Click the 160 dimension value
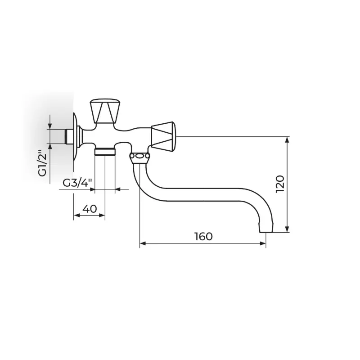(204, 237)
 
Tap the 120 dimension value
(280, 184)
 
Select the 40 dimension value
(90, 209)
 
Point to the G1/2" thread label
(42, 163)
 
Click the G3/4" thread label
(77, 183)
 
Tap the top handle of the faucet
(105, 111)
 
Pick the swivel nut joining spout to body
(139, 157)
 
